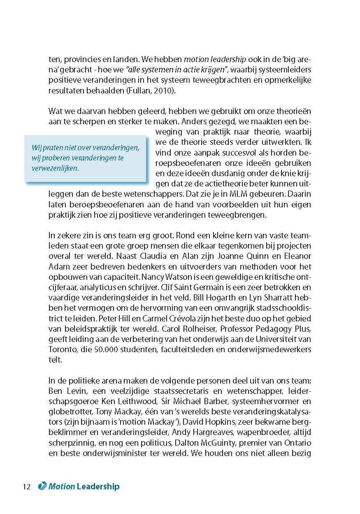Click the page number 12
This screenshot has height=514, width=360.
click(27, 486)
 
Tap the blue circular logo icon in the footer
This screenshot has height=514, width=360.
click(42, 486)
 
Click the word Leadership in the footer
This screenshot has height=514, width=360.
click(98, 486)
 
